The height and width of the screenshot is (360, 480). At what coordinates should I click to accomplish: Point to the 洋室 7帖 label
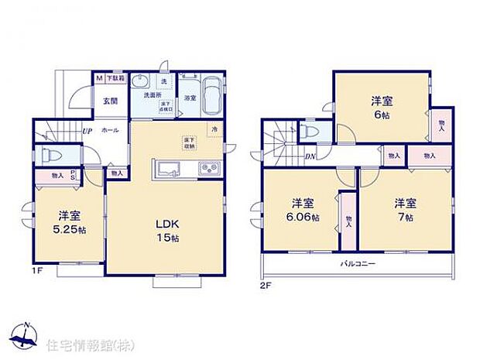[x=406, y=209]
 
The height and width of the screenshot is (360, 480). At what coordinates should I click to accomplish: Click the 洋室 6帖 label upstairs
[x=380, y=107]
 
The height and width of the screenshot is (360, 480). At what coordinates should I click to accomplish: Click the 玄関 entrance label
[x=107, y=101]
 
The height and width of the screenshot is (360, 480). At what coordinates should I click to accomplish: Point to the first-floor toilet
[x=48, y=153]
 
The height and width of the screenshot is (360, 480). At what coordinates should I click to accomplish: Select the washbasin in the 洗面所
[x=142, y=82]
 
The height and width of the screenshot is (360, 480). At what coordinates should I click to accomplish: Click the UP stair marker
[x=87, y=131]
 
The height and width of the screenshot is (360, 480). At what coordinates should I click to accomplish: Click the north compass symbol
[x=25, y=334]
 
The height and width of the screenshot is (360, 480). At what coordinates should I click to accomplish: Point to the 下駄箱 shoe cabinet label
[x=114, y=78]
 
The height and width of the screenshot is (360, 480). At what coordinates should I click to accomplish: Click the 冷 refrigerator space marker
[x=214, y=129]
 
